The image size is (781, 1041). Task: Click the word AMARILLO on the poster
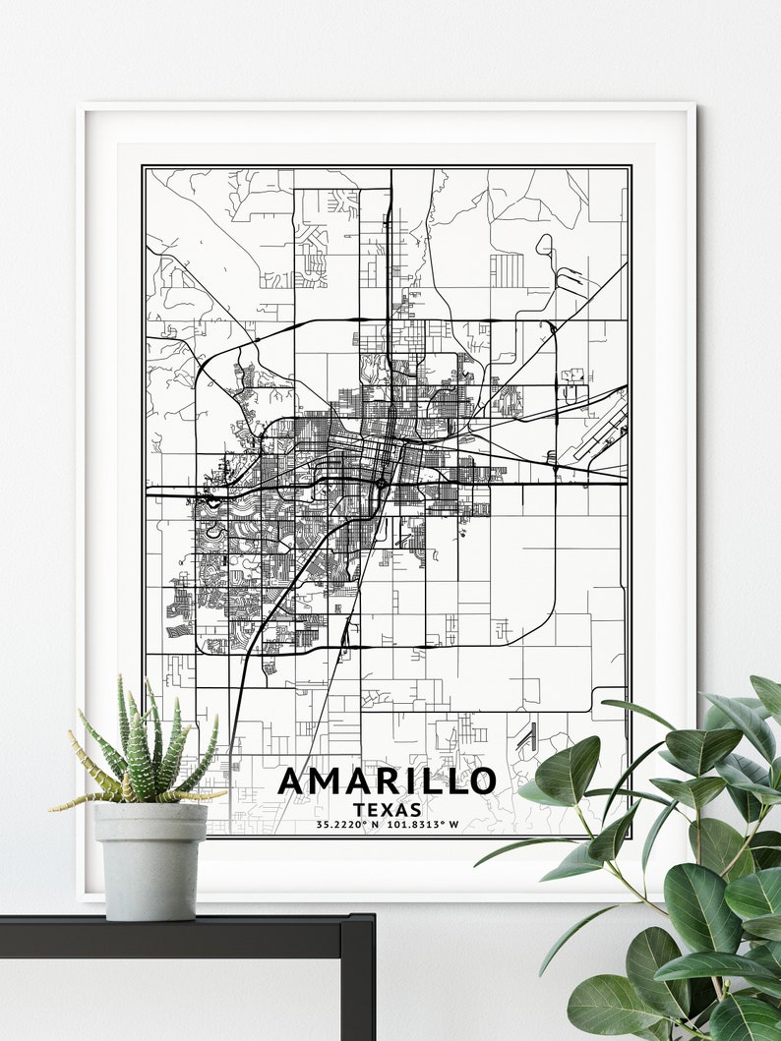[387, 781]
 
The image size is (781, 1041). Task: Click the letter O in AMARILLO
[480, 781]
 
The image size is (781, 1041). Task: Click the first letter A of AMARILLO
[293, 781]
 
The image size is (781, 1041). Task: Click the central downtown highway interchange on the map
[382, 483]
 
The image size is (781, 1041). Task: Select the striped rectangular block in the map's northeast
[507, 269]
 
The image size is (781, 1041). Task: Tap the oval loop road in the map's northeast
[544, 246]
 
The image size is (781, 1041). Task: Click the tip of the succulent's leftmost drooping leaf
[53, 808]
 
